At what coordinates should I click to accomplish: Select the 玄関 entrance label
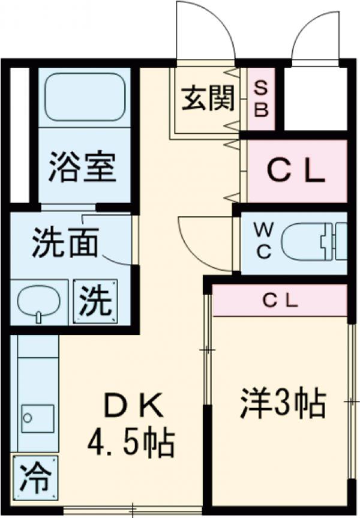pyautogui.click(x=208, y=98)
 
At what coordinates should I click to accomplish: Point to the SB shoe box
pyautogui.click(x=262, y=100)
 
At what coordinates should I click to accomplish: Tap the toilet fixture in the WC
pyautogui.click(x=312, y=241)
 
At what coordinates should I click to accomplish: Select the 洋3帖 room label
pyautogui.click(x=283, y=403)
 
